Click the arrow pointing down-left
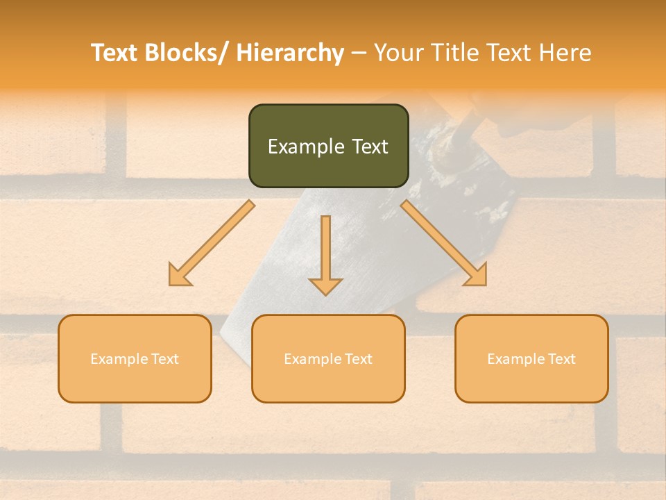[x=212, y=243]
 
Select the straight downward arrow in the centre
[x=325, y=254]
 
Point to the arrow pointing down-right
[x=443, y=242]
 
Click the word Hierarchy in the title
[x=289, y=53]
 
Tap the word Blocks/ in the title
[x=189, y=53]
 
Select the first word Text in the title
[x=115, y=53]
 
